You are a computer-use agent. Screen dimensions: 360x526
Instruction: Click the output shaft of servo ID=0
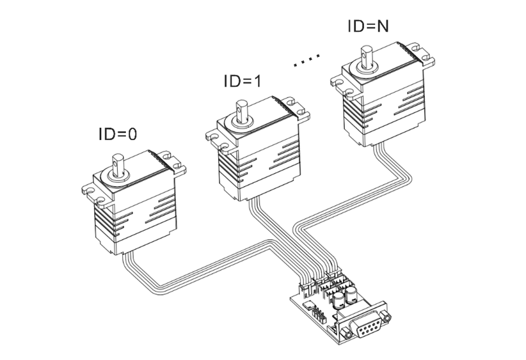tap(118, 164)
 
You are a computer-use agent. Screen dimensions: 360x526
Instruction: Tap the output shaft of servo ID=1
tap(243, 110)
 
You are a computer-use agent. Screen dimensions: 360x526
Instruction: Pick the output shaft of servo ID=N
tap(368, 54)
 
